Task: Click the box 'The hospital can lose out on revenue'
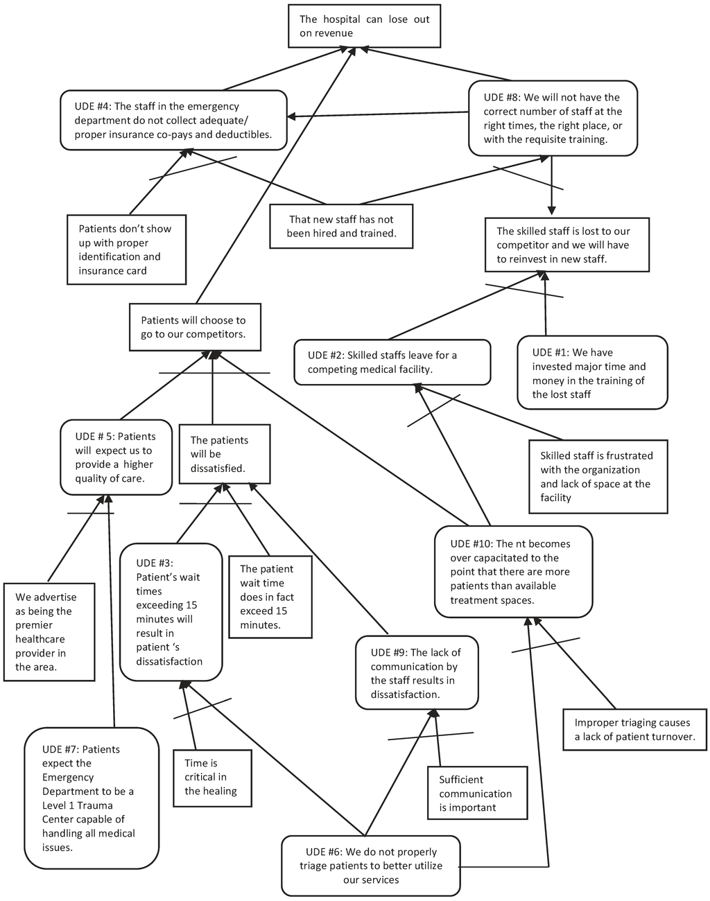coord(364,26)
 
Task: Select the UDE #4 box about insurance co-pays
coord(173,120)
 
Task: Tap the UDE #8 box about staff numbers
coord(553,119)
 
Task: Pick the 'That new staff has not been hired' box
coord(341,226)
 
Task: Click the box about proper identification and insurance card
coord(126,250)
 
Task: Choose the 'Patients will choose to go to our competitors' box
coord(195,327)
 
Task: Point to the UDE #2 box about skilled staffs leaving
coord(392,362)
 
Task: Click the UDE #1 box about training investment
coord(591,373)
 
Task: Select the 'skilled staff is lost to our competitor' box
coord(567,245)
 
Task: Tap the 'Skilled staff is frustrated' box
coord(598,476)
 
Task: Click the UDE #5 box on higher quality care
coord(116,457)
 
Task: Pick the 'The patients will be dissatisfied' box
coord(220,454)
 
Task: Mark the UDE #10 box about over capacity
coord(513,572)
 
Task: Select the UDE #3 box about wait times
coord(171,612)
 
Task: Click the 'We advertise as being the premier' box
coord(49,631)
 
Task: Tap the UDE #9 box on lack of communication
coord(417,673)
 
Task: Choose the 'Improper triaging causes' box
coord(634,729)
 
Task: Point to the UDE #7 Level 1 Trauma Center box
coord(91,798)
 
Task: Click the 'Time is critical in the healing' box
coord(211,777)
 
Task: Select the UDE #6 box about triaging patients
coord(371,866)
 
